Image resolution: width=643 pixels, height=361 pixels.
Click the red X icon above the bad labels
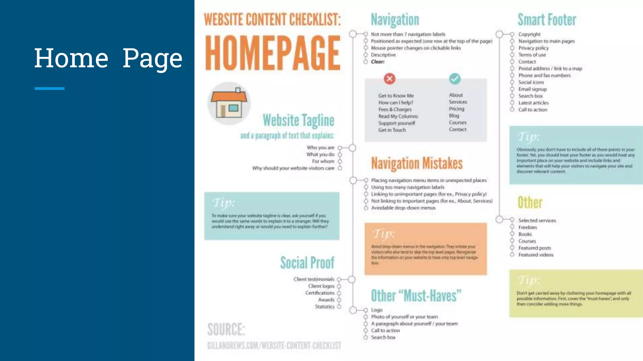(390, 79)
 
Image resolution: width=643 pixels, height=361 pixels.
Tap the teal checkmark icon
(455, 79)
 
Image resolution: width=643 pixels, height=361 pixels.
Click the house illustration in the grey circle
(229, 103)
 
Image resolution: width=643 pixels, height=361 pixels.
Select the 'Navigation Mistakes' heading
(417, 163)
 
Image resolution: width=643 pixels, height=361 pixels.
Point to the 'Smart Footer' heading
(547, 20)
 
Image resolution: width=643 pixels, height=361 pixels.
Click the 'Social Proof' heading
(307, 263)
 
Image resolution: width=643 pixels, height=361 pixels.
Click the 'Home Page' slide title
(108, 58)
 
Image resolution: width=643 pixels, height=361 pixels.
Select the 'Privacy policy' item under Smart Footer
(533, 48)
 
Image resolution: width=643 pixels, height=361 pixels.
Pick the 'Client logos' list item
(321, 286)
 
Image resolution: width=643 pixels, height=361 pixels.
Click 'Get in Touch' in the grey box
(392, 130)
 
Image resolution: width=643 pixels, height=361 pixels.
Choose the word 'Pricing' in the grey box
(457, 109)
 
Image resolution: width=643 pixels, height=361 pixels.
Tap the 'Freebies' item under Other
(527, 228)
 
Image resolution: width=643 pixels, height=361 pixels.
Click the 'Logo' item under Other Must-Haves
(377, 310)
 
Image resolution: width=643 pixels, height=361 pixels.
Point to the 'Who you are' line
(321, 148)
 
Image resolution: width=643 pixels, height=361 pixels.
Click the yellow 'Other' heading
(530, 202)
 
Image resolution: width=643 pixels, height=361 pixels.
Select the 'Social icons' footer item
(531, 82)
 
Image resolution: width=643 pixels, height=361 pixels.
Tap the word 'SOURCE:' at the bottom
(226, 329)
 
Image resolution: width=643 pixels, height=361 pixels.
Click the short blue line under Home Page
(50, 89)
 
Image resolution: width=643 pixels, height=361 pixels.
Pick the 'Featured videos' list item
(536, 255)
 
